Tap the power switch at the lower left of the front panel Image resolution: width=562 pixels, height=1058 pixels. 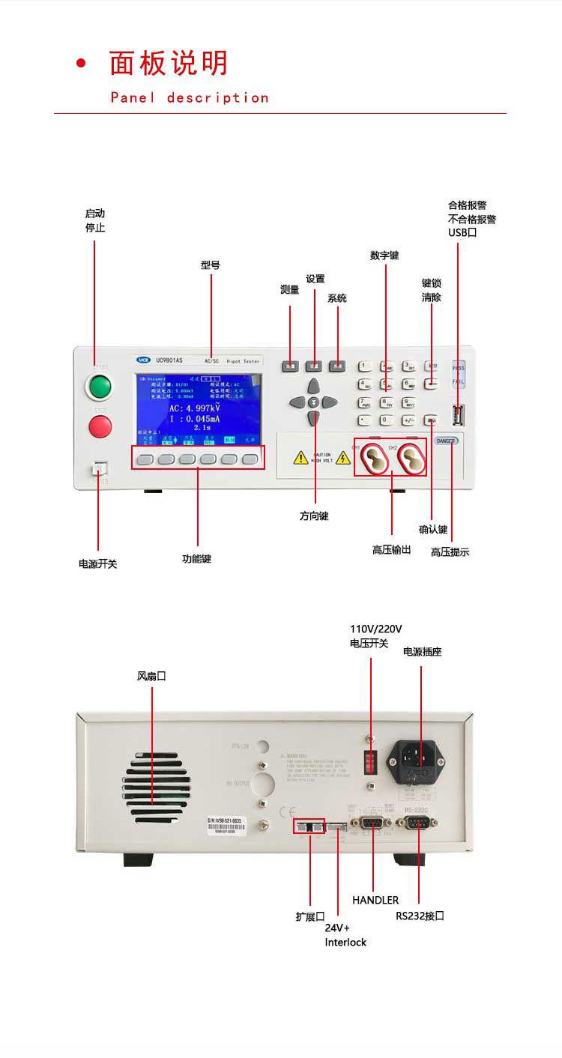pos(100,470)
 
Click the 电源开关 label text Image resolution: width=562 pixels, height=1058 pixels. pos(98,563)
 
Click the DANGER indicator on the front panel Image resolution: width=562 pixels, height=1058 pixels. pos(446,441)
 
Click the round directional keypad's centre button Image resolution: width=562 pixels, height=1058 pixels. pos(314,402)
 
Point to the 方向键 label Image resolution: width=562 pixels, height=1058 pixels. pos(314,516)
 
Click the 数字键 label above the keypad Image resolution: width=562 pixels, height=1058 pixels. pos(384,256)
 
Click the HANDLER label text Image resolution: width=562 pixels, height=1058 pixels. pos(375,900)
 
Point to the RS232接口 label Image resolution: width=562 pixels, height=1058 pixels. pos(420,916)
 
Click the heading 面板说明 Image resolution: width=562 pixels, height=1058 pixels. pos(169,64)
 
